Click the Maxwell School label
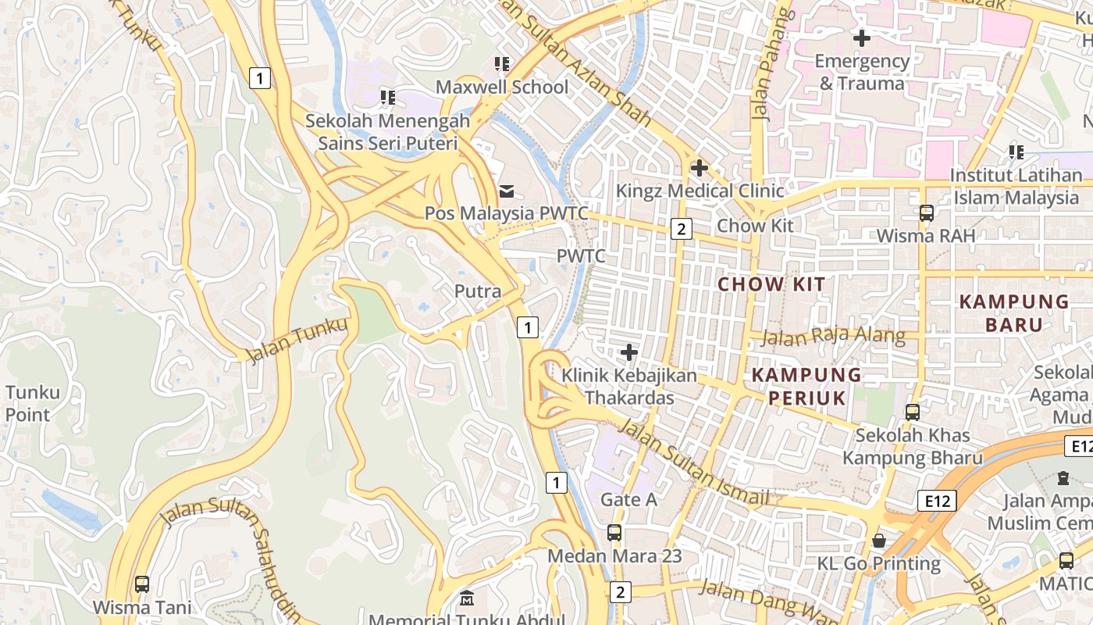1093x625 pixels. click(501, 87)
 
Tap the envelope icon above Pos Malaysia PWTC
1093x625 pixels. click(507, 190)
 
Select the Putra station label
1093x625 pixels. click(478, 291)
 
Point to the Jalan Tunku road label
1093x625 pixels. click(297, 341)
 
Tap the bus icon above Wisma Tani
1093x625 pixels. click(141, 584)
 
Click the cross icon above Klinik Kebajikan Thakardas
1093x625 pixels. click(628, 352)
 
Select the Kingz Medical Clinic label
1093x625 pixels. click(700, 190)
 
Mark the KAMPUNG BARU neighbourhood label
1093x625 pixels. click(1014, 312)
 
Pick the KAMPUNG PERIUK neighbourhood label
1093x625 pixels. click(806, 387)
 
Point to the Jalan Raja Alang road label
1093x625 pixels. click(832, 337)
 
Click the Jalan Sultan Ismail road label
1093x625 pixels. click(695, 463)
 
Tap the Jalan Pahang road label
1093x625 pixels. click(771, 66)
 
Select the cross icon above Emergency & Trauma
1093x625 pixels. click(862, 37)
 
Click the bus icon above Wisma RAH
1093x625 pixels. click(927, 212)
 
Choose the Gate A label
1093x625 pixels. click(628, 499)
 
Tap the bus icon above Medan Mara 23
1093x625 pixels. click(614, 533)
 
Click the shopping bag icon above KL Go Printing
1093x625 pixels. click(879, 541)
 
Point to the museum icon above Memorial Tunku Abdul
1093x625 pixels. click(467, 599)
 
